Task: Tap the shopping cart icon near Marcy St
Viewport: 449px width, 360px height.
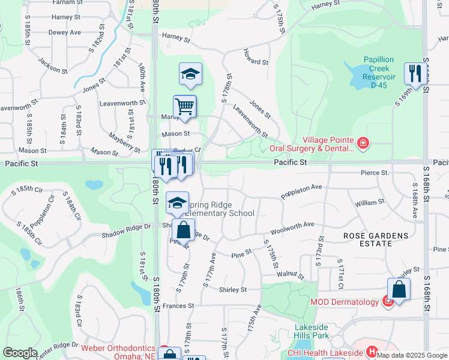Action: (185, 106)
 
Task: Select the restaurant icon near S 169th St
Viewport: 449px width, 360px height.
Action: (415, 74)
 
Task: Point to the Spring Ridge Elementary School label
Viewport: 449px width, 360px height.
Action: (219, 209)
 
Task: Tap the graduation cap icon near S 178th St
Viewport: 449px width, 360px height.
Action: (190, 74)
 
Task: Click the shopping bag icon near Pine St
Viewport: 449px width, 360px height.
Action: (183, 230)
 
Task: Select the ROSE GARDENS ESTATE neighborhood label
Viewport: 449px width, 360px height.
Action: (376, 239)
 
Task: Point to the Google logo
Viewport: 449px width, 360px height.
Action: (20, 352)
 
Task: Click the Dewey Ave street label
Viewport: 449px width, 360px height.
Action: (64, 32)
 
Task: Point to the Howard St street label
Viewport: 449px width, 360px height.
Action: (256, 62)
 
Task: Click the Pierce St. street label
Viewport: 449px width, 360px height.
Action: (375, 173)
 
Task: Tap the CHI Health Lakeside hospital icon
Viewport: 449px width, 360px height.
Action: (372, 352)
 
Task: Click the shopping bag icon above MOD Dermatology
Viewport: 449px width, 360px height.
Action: (399, 290)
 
